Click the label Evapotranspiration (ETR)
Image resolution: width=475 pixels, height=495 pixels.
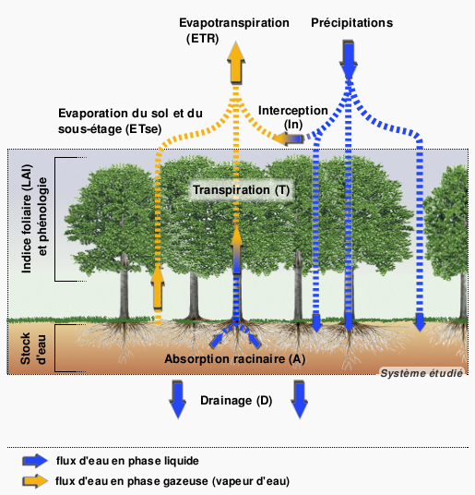point(234,30)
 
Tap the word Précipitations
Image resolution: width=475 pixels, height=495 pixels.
point(351,23)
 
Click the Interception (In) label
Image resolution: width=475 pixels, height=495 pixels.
point(293,117)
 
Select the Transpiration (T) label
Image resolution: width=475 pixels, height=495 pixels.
point(241,190)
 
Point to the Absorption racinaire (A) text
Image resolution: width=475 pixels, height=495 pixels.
point(235,359)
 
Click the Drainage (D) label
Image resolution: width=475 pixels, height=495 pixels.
point(236,401)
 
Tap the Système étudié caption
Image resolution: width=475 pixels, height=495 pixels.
point(422,373)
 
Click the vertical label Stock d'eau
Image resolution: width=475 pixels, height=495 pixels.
point(33,348)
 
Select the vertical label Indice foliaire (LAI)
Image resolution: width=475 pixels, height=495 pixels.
point(27,219)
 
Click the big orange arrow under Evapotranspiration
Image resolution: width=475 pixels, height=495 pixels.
point(236,63)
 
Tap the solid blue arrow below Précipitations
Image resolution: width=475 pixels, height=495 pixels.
point(349,60)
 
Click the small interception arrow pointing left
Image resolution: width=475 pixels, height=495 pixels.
point(289,139)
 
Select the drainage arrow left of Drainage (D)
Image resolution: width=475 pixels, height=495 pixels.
point(178,399)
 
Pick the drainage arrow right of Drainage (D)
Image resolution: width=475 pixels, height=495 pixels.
point(300,399)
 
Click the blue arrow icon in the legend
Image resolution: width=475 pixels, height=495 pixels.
point(35,461)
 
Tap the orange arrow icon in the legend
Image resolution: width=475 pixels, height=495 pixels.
point(35,481)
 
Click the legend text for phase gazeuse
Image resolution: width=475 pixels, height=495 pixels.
point(172,481)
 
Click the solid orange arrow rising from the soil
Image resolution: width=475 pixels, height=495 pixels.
point(158,286)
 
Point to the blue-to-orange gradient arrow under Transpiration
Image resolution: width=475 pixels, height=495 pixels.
point(236,249)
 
